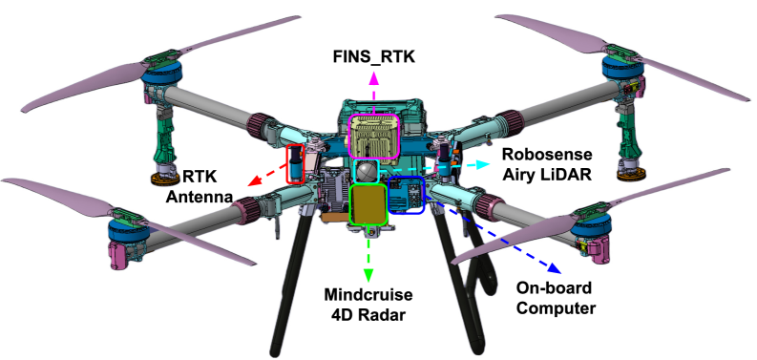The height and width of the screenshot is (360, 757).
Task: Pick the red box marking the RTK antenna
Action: [x=296, y=163]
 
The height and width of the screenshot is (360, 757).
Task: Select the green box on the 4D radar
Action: [x=368, y=203]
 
